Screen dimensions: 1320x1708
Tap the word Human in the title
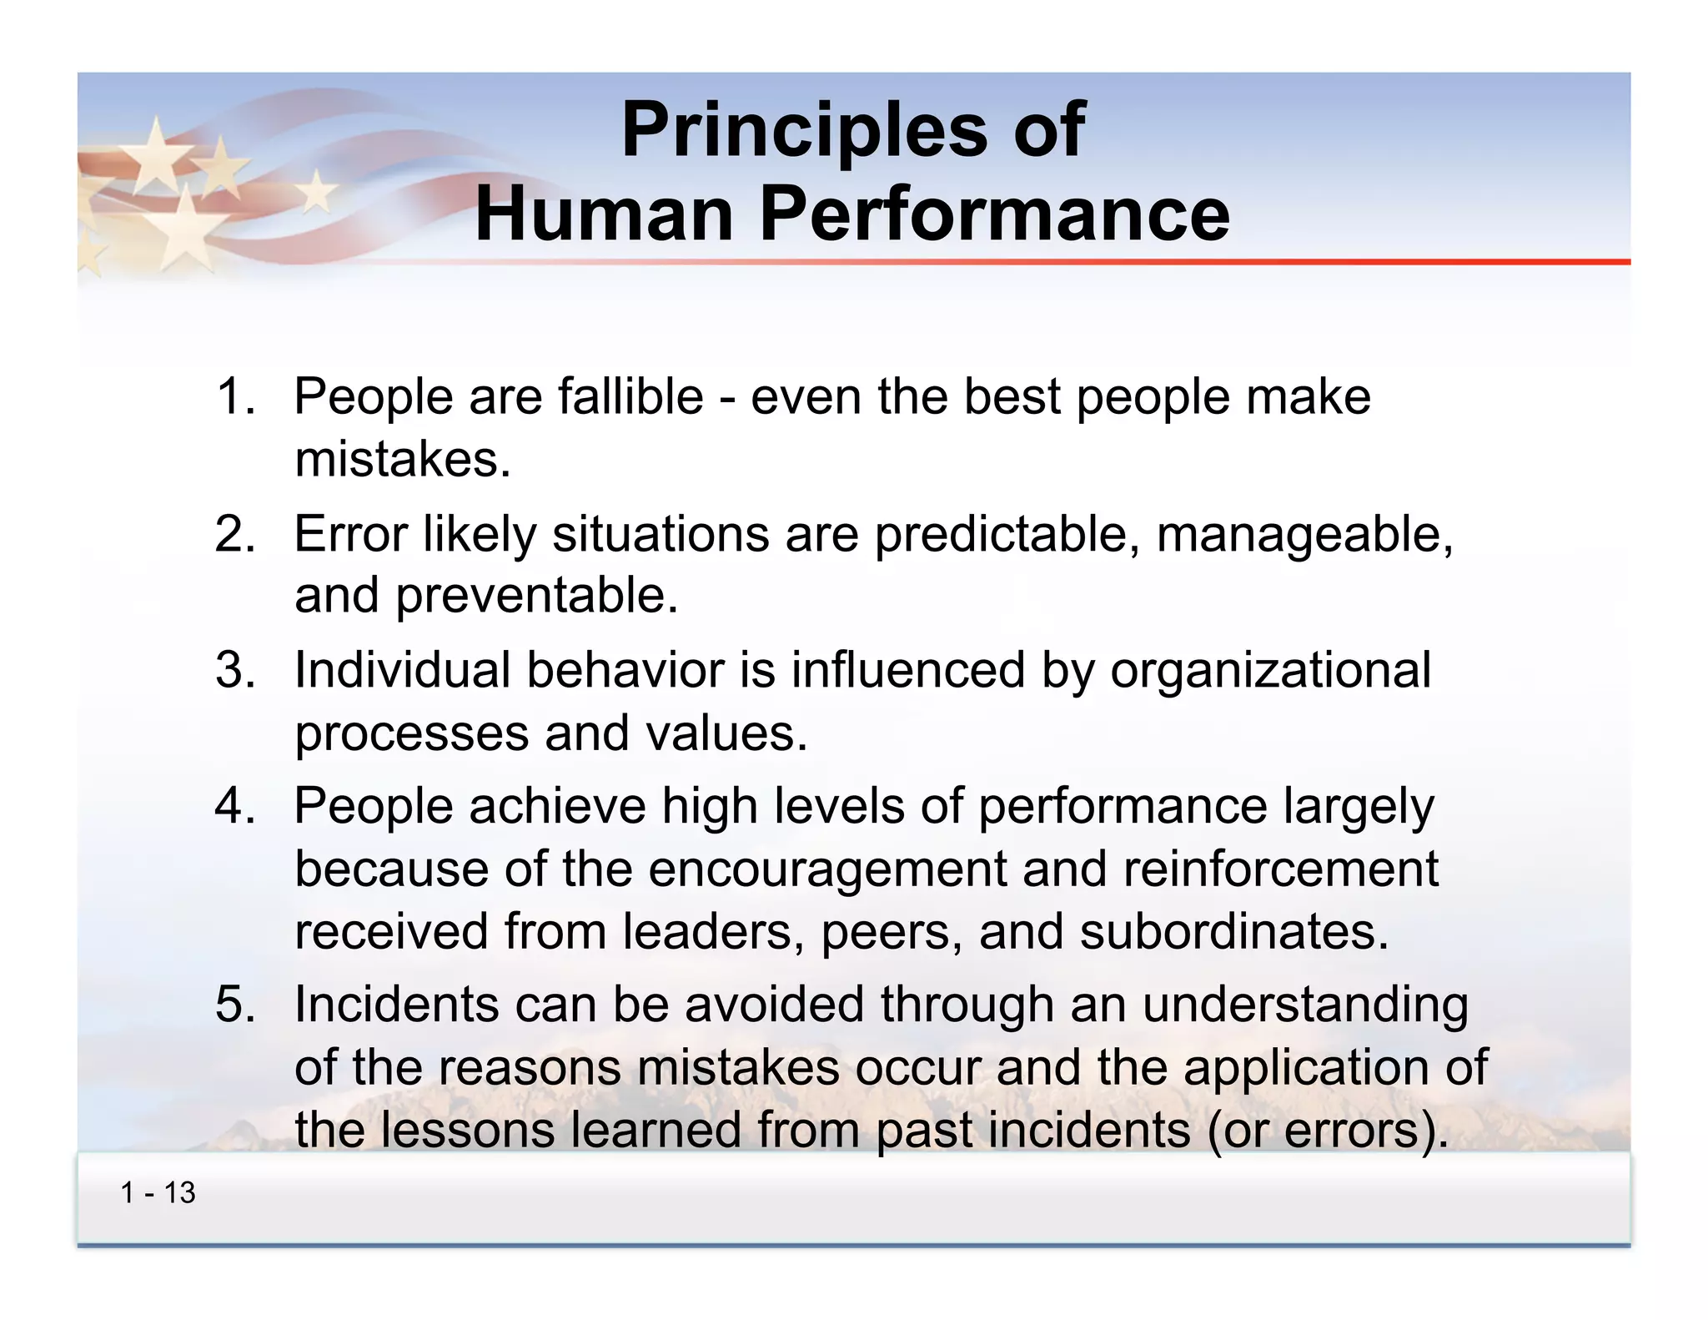605,214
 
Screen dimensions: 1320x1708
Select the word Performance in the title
994,214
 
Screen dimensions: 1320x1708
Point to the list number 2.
234,533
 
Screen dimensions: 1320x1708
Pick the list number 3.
234,670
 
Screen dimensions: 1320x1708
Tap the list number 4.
234,807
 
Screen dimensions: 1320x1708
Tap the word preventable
536,596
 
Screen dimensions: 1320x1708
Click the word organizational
1270,672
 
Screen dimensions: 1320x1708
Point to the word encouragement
827,870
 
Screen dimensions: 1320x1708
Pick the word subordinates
1233,932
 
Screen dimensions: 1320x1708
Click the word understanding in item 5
1305,1005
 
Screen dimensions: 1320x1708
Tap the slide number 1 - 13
158,1193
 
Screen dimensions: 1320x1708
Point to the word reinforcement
1280,869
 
